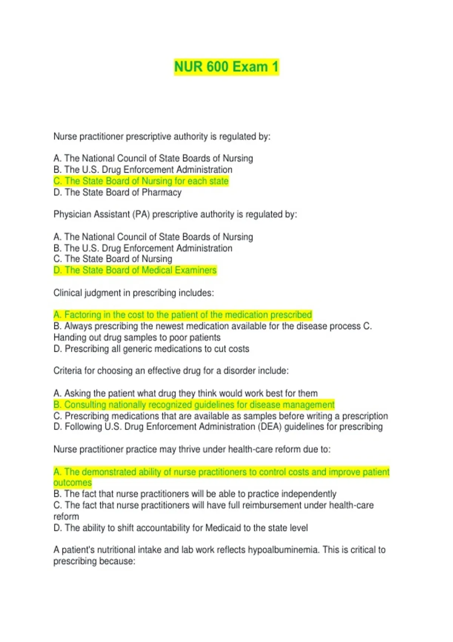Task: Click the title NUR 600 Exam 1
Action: tap(226, 67)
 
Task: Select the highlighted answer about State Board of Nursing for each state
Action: tap(141, 181)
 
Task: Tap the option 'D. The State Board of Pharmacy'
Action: tap(117, 193)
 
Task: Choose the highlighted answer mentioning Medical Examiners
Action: tap(135, 270)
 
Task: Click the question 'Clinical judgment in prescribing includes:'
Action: tap(134, 293)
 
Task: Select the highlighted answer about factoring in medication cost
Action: tap(183, 315)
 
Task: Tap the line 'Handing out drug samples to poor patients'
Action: tap(137, 338)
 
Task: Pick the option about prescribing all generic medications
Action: tap(151, 349)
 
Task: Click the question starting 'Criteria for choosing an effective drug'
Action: tap(171, 371)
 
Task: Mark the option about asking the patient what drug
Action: tap(185, 394)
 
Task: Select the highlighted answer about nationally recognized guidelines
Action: tap(194, 405)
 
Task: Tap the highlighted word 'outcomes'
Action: tap(72, 483)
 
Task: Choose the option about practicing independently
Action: tap(195, 494)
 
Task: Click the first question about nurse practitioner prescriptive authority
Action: tap(162, 137)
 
